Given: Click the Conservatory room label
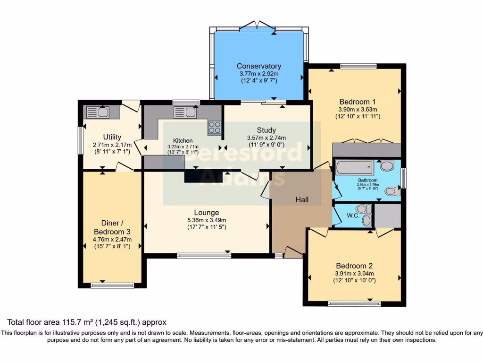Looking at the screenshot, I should [259, 66].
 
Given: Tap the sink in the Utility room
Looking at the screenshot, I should [97, 112].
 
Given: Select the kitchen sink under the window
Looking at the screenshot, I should [185, 112].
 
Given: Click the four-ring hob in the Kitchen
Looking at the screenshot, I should [215, 127].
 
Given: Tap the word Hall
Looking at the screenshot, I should [302, 200].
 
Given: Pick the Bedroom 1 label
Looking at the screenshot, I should [358, 101].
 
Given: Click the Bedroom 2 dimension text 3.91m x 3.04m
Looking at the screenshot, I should [354, 273].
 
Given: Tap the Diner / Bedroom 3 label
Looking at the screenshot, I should [112, 227].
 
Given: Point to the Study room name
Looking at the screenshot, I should [266, 130].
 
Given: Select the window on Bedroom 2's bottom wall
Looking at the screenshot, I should [354, 303].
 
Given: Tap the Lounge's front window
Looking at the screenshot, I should [204, 256].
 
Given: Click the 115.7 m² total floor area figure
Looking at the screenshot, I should [75, 323].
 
